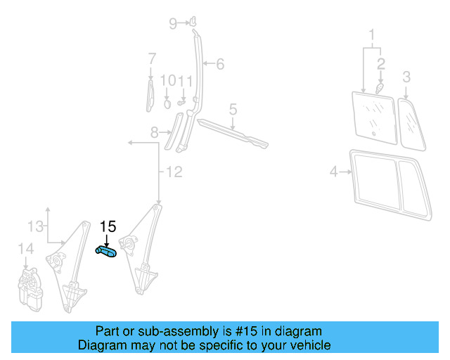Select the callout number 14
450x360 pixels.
25,248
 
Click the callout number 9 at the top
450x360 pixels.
173,24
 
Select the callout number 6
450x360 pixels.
219,65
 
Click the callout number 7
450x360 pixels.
151,58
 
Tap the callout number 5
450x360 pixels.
233,109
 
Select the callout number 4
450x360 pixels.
335,170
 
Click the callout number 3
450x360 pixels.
406,76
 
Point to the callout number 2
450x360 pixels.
381,64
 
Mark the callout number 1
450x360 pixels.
373,33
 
